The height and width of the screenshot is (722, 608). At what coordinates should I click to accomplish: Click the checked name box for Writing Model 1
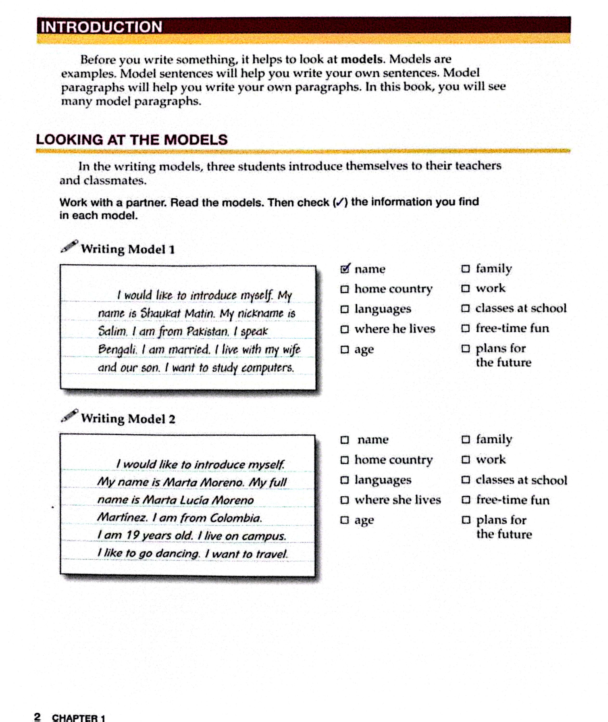click(x=345, y=269)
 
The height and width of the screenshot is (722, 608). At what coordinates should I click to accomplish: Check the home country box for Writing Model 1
click(x=344, y=289)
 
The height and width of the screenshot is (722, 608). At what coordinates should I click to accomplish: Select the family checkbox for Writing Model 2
click(x=466, y=439)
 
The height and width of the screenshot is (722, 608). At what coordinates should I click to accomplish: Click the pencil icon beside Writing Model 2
click(x=69, y=416)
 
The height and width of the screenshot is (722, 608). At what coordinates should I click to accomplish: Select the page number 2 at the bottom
click(x=37, y=717)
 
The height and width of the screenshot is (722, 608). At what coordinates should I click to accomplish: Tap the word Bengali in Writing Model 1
click(x=117, y=349)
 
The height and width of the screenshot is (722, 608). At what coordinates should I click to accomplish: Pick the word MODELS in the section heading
click(x=196, y=140)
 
